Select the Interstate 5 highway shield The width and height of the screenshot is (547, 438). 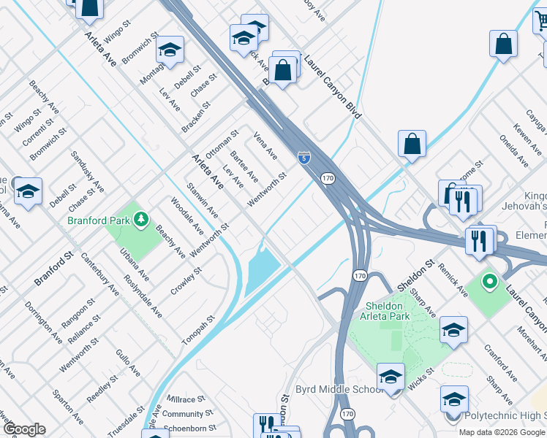click(303, 157)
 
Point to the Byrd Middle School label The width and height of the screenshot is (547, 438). click(339, 389)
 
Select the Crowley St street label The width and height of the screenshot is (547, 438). click(186, 279)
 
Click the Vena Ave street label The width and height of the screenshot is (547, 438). click(265, 145)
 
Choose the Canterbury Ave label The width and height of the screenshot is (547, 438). click(99, 270)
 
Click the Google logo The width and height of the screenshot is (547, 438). click(23, 429)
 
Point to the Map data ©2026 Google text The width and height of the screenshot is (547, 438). click(502, 432)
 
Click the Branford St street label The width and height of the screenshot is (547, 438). click(54, 269)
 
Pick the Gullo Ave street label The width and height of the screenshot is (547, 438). click(127, 363)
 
